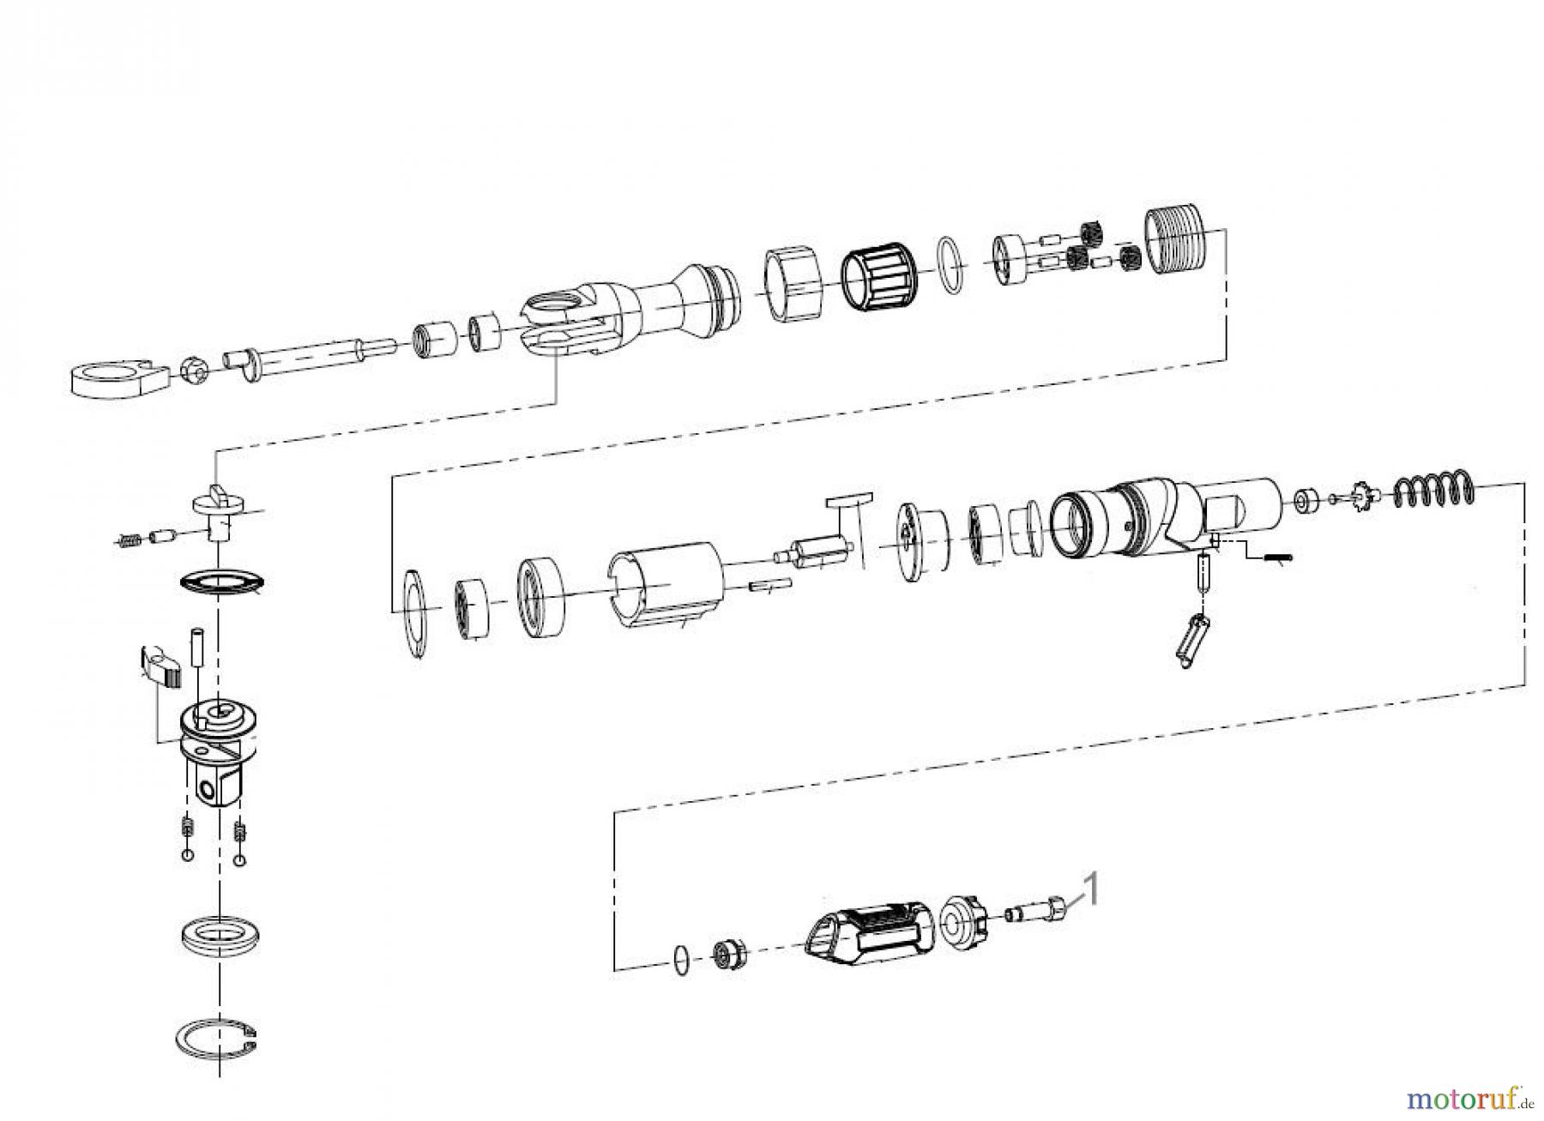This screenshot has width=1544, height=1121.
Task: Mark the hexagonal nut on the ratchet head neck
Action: tap(789, 284)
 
